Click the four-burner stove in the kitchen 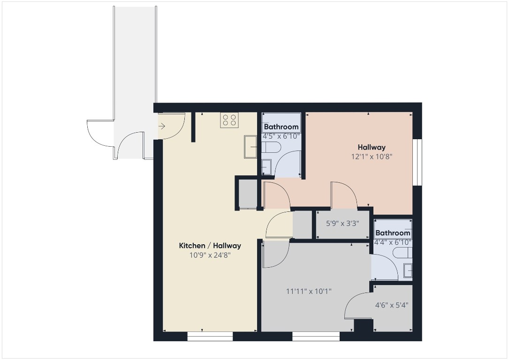[x=229, y=120]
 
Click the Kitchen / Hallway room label [x=210, y=246]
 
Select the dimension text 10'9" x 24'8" [x=210, y=255]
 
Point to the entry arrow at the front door [x=162, y=126]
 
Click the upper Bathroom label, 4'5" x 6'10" [x=281, y=127]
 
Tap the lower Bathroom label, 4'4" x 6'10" [x=393, y=233]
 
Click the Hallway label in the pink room [x=372, y=147]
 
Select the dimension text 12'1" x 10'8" [x=372, y=157]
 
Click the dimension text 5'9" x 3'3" [x=342, y=224]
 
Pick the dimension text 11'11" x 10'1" [x=309, y=291]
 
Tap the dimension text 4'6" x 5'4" [x=392, y=305]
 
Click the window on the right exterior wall [x=418, y=162]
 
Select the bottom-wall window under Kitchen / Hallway [x=210, y=336]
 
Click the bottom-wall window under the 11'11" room [x=316, y=336]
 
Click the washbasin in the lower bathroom [x=408, y=270]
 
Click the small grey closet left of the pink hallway [x=248, y=194]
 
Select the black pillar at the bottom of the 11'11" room [x=363, y=325]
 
